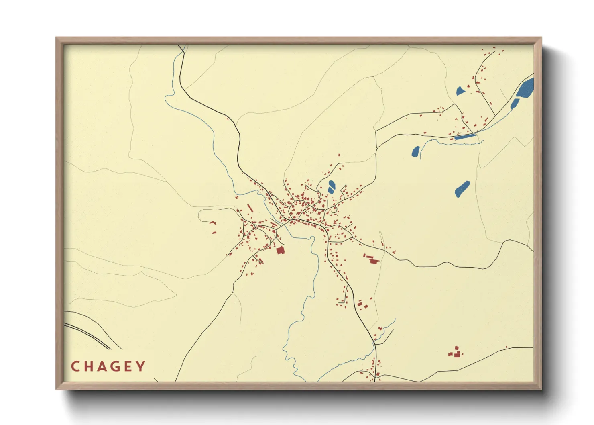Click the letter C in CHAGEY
(75, 366)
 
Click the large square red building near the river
(280, 251)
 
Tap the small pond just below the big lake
(514, 104)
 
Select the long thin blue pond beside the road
(465, 137)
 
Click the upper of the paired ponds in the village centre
(332, 184)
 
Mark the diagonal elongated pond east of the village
(462, 188)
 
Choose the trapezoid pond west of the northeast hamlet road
(460, 91)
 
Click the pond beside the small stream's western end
(415, 151)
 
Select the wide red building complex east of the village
(372, 259)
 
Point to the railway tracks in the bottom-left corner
(88, 333)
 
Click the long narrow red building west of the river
(250, 208)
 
